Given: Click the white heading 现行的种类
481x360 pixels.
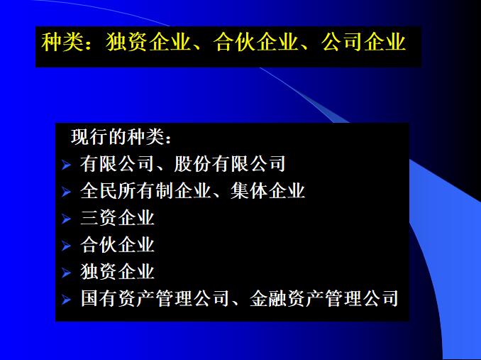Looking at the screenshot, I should tap(121, 136).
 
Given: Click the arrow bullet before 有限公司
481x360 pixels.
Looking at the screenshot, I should tap(66, 165).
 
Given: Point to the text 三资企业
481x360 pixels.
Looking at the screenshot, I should tap(117, 218).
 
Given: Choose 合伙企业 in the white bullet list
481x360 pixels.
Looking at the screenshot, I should tap(117, 245).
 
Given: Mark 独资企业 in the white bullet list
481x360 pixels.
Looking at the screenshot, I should tap(117, 272).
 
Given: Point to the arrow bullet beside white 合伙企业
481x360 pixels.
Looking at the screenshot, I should tap(66, 246).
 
